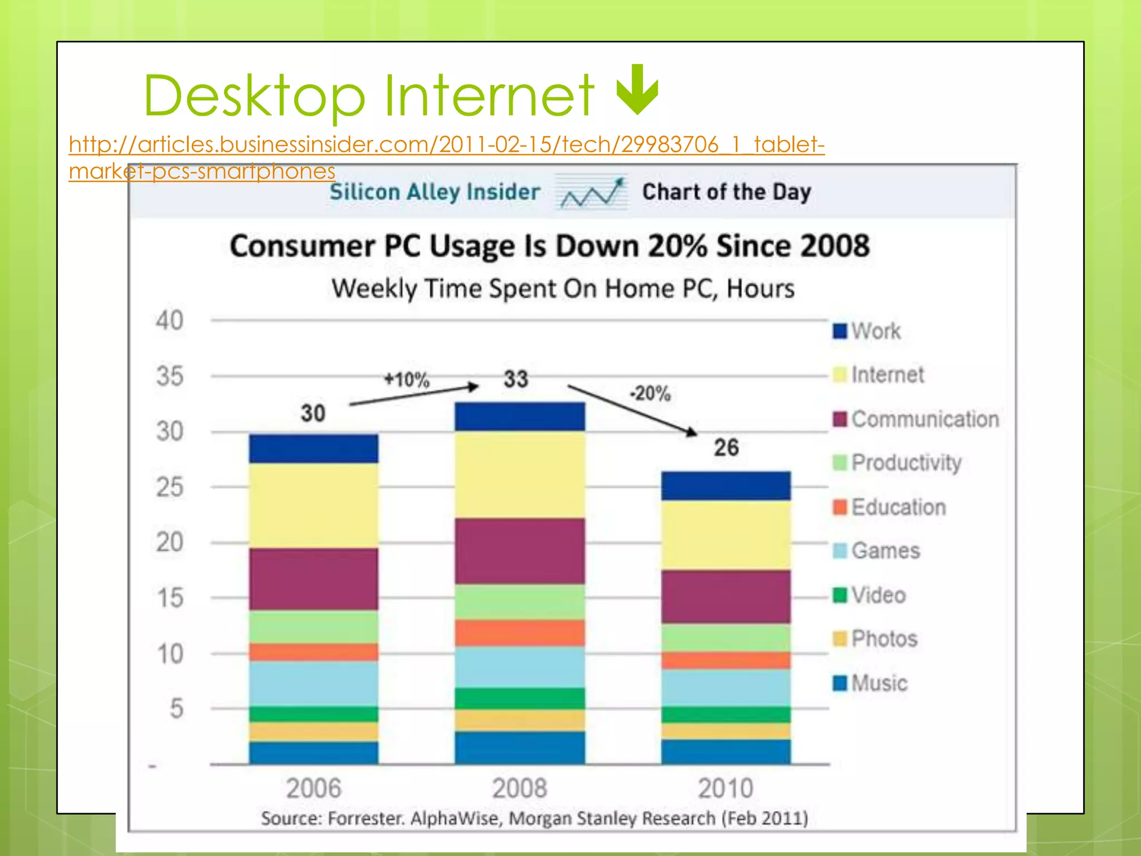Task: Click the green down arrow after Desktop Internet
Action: [637, 90]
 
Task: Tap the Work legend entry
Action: [867, 331]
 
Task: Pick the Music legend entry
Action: [871, 683]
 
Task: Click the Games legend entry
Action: [877, 551]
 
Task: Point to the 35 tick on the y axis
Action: [169, 376]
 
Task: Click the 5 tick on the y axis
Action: [176, 709]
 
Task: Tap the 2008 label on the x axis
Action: [519, 788]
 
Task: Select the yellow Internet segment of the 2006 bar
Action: [314, 505]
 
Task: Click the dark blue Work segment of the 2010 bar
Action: [726, 485]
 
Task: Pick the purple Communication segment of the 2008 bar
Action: [520, 551]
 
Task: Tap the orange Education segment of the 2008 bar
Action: [520, 633]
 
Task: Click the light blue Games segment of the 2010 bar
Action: [726, 688]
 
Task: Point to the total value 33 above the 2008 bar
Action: [516, 379]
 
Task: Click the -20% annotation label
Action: [650, 393]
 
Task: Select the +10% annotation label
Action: [407, 380]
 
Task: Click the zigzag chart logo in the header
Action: [592, 192]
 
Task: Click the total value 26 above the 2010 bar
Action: [726, 448]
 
